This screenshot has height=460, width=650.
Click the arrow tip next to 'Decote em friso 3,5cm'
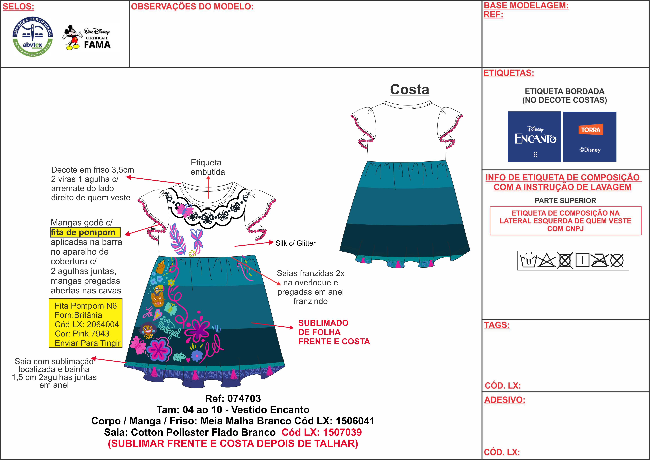coord(126,177)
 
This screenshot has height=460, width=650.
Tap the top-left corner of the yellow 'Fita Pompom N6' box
coord(49,299)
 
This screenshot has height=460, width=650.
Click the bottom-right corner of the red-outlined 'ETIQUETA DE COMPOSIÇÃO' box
coord(641,235)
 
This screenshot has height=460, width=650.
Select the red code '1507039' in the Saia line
coord(342,432)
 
